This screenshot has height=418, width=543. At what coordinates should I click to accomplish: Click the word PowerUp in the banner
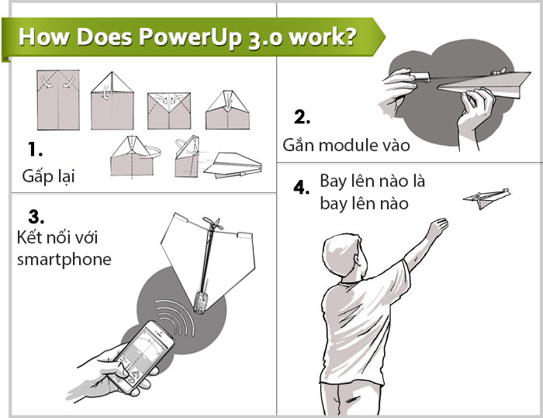pos(190,37)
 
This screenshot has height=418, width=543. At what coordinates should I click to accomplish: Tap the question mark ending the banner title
pos(350,36)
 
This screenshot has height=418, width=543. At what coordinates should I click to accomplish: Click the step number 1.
pos(35,150)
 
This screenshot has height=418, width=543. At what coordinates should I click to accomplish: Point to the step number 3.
pos(36,217)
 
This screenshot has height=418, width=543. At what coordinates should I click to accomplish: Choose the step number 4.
pos(301,188)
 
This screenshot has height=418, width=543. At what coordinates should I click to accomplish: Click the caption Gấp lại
pos(48,176)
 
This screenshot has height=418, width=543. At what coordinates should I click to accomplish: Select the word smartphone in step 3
pos(64,260)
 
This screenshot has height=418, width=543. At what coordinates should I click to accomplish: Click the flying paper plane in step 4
pos(486,199)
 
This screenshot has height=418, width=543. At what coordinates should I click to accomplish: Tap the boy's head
pos(344,256)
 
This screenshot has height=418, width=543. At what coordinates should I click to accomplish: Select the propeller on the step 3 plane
pos(212,224)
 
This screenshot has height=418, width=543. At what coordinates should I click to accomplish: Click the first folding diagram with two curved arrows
pos(58,100)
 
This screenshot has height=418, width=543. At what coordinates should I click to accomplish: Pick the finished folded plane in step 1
pos(233,165)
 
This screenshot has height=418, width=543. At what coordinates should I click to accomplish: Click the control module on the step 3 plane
pos(201,302)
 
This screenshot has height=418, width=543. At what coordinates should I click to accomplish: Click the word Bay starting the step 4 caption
pos(333,181)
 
